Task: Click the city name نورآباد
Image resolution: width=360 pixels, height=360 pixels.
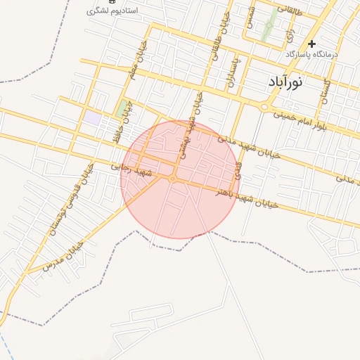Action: point(285,82)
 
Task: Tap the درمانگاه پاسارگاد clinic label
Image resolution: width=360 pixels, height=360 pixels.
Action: point(311,54)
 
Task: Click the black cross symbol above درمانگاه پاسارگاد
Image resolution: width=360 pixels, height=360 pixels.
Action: point(311,44)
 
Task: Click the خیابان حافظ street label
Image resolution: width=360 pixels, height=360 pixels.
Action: point(132,124)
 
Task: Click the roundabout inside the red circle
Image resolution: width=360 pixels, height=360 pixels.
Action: point(172,179)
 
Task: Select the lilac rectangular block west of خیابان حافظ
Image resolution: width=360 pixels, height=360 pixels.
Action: point(92,117)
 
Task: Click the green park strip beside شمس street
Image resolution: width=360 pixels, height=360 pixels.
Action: point(267,28)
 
